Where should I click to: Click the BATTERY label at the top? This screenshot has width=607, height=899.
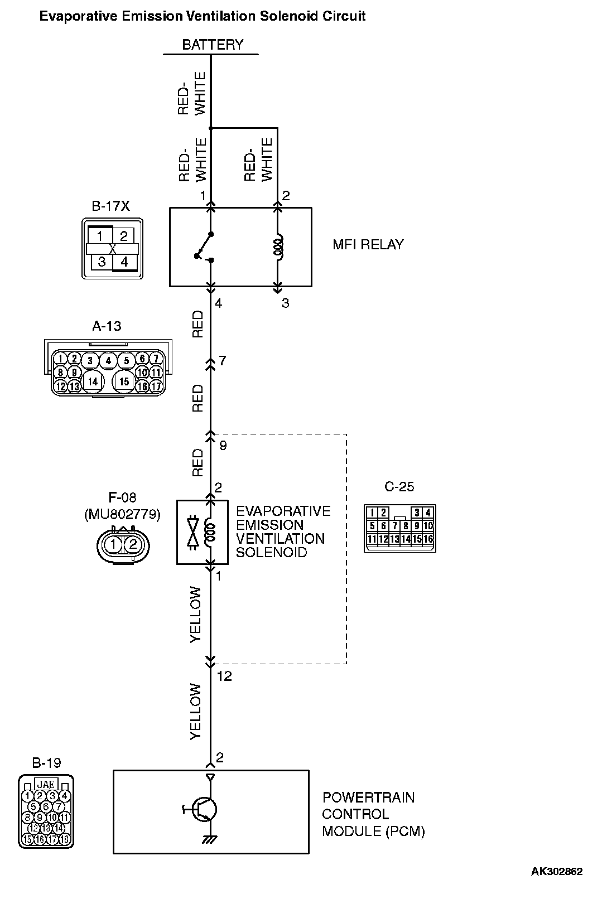click(213, 45)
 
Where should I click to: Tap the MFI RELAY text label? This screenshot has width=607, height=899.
click(368, 244)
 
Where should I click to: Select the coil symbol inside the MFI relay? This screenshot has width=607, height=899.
click(278, 246)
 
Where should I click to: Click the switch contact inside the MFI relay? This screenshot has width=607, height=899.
click(205, 246)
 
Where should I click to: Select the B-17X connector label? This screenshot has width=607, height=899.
click(110, 206)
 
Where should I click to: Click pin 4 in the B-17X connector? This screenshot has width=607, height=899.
click(124, 262)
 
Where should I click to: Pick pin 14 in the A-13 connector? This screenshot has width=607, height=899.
click(93, 381)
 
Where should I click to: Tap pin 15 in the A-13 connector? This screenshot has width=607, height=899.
click(124, 381)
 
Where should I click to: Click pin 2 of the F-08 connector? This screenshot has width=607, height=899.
click(133, 544)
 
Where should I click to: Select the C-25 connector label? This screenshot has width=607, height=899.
click(399, 487)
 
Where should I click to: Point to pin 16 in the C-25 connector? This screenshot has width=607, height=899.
click(428, 539)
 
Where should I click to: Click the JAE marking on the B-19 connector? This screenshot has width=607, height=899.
click(46, 784)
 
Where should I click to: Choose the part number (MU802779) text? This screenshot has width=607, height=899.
click(122, 514)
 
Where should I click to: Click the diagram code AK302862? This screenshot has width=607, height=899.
click(556, 872)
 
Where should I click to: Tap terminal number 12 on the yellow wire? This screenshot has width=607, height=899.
click(224, 676)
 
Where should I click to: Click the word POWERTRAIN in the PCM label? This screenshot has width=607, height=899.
click(368, 797)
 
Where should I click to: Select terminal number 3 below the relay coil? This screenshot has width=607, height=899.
click(285, 303)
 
